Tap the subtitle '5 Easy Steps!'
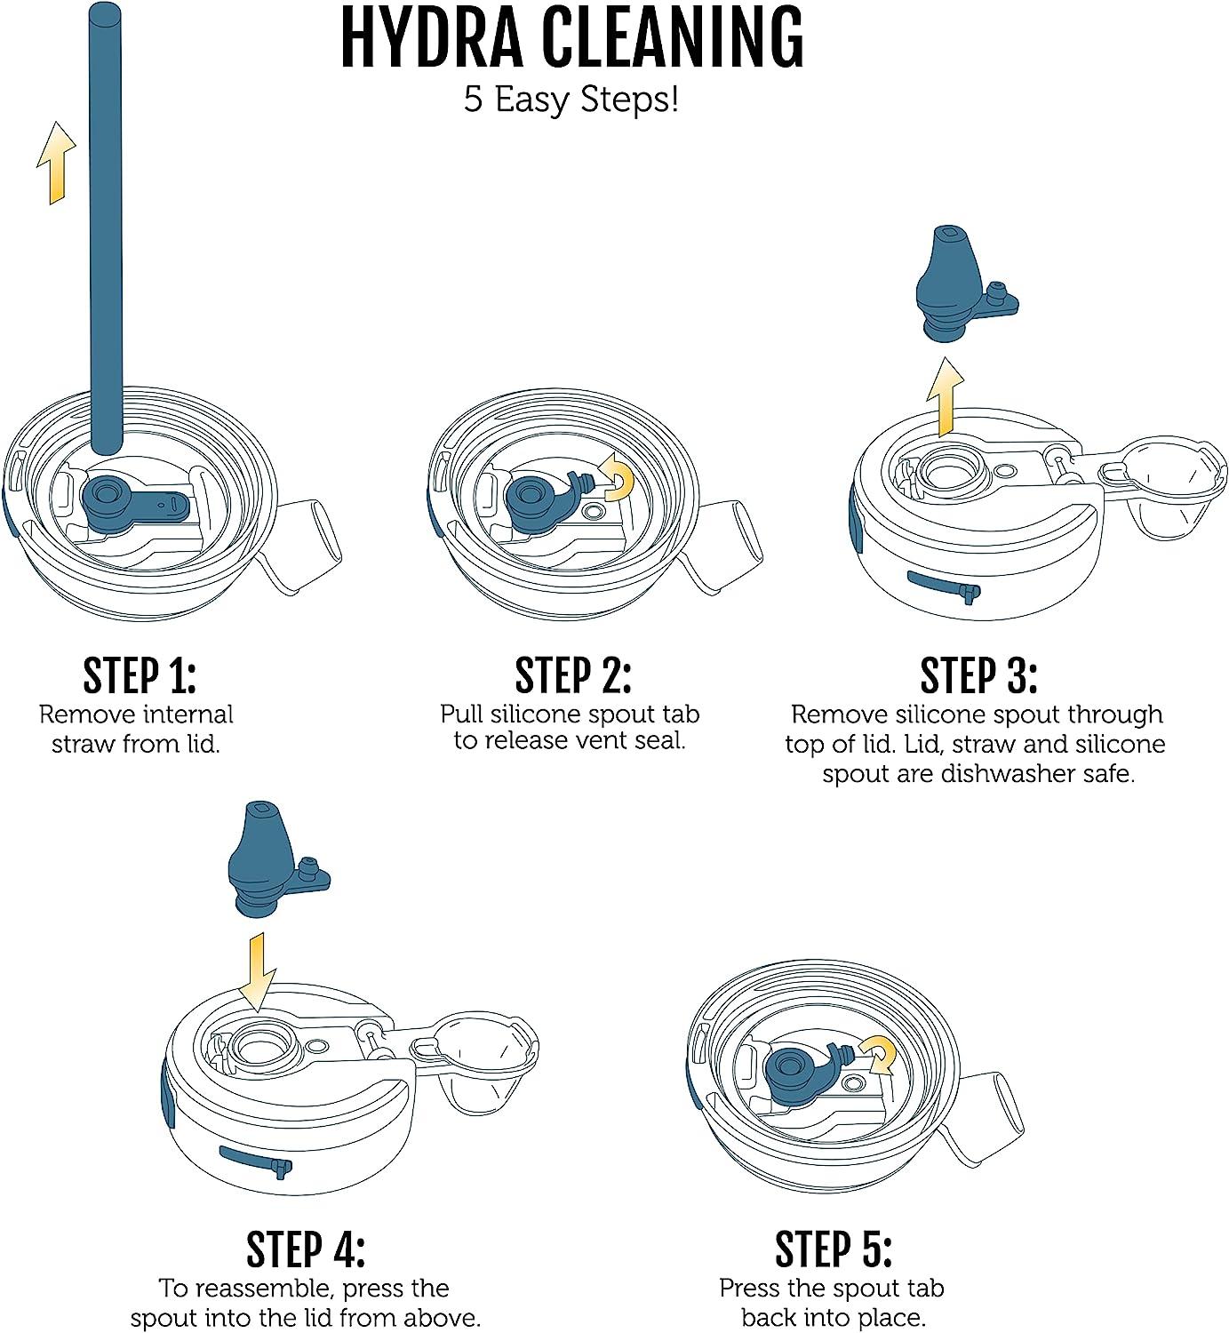click(571, 100)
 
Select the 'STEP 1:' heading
click(140, 676)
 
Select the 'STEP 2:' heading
click(573, 676)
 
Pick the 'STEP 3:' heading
click(978, 676)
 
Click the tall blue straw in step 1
click(106, 228)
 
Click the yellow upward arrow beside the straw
click(56, 164)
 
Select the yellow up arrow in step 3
click(945, 397)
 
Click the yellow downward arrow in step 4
click(257, 973)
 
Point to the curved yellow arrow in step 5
click(881, 1056)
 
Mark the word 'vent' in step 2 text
click(586, 740)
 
